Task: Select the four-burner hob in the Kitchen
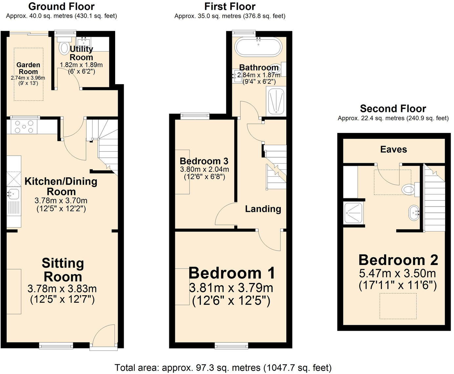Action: tap(24, 127)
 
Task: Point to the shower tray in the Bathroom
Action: tap(276, 101)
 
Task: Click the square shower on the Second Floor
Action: tap(353, 213)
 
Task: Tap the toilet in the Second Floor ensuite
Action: tap(409, 189)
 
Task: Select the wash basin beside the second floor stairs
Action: tap(414, 213)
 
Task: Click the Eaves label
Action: tap(393, 150)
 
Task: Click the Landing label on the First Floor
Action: tap(263, 209)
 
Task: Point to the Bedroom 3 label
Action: tap(204, 161)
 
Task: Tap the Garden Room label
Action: tap(28, 68)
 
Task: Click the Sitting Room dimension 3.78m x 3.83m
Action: tap(62, 289)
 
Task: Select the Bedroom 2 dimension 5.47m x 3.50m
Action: tap(398, 273)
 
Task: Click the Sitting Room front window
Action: tap(56, 345)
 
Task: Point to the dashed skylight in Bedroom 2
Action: tap(398, 306)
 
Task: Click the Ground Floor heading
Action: tap(61, 6)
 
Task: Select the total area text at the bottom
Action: tap(223, 367)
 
